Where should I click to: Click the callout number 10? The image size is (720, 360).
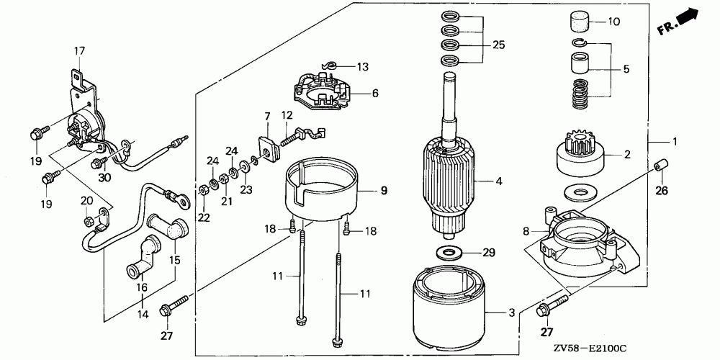tap(613, 22)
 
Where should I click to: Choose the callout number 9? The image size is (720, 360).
tap(384, 191)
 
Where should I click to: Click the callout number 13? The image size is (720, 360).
tap(362, 67)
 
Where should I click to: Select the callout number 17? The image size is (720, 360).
tap(79, 50)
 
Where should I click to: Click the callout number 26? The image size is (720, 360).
tap(662, 191)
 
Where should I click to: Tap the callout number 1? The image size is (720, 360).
tap(675, 142)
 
